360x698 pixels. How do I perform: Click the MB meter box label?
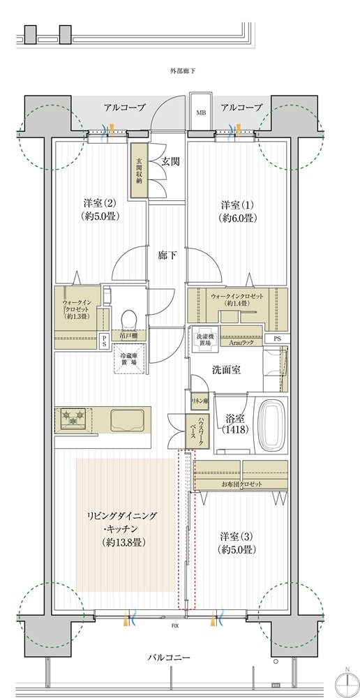pyautogui.click(x=201, y=112)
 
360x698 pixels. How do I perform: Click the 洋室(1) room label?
pyautogui.click(x=237, y=211)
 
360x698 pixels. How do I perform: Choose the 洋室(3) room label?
pyautogui.click(x=237, y=542)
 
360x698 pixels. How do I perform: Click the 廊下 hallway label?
pyautogui.click(x=167, y=255)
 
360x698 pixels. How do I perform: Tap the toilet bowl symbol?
pyautogui.click(x=128, y=320)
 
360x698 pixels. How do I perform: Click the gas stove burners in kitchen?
pyautogui.click(x=74, y=419)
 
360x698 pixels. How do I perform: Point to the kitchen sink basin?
pyautogui.click(x=128, y=420)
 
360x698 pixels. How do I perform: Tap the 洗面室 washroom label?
pyautogui.click(x=227, y=371)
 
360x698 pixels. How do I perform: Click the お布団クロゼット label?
pyautogui.click(x=241, y=484)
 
